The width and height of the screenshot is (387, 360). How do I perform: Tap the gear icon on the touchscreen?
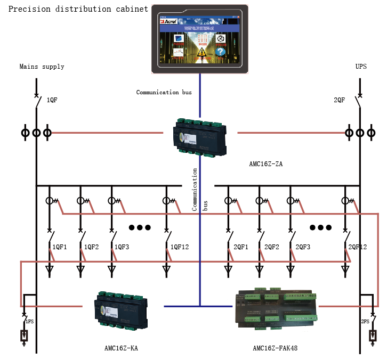tap(221, 38)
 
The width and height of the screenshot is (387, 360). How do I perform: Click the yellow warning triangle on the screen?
tap(202, 52)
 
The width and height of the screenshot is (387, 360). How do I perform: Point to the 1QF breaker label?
tap(52, 100)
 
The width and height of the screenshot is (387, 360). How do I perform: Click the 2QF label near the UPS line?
tap(339, 100)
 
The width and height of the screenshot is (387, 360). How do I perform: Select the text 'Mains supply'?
tap(42, 67)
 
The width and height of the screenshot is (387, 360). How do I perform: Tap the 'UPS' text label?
tap(361, 67)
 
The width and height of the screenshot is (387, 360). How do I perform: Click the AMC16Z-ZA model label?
tap(265, 164)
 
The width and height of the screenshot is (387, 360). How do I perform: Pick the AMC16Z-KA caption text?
tap(122, 348)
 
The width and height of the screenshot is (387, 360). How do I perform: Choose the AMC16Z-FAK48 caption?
tap(275, 348)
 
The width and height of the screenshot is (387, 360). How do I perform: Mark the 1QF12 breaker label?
tap(180, 247)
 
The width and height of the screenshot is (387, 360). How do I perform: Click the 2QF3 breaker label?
tap(303, 247)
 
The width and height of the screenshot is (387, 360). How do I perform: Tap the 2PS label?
tap(365, 322)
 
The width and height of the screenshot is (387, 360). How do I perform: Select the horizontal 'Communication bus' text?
tap(164, 92)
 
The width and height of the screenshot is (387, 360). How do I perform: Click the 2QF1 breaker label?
tap(241, 247)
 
